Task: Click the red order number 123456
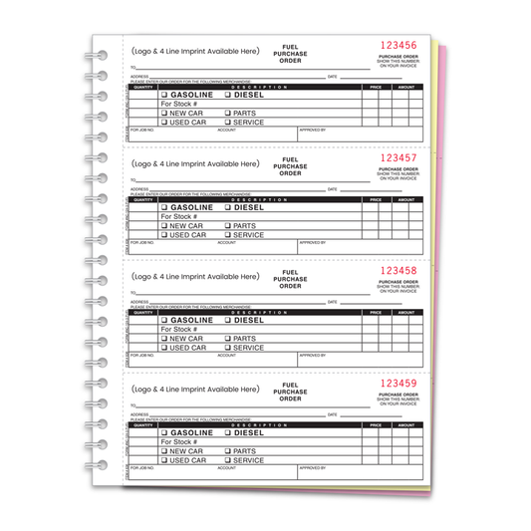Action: tap(399, 46)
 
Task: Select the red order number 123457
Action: tap(399, 158)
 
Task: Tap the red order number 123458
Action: tap(399, 270)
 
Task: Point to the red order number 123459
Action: tap(399, 383)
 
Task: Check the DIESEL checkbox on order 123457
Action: tap(228, 208)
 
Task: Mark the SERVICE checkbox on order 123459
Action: tap(228, 460)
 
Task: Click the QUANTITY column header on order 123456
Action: tap(143, 88)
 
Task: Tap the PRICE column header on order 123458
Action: tap(376, 312)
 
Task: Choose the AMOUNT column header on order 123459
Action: tap(405, 424)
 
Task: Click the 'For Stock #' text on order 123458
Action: tap(180, 329)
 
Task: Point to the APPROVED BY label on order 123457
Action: tap(312, 242)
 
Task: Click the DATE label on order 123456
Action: tap(332, 76)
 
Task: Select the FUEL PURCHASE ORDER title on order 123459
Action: tap(290, 391)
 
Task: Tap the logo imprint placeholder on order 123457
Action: tap(195, 163)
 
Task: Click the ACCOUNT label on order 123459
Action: tap(226, 466)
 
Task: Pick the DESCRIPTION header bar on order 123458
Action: tap(258, 312)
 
